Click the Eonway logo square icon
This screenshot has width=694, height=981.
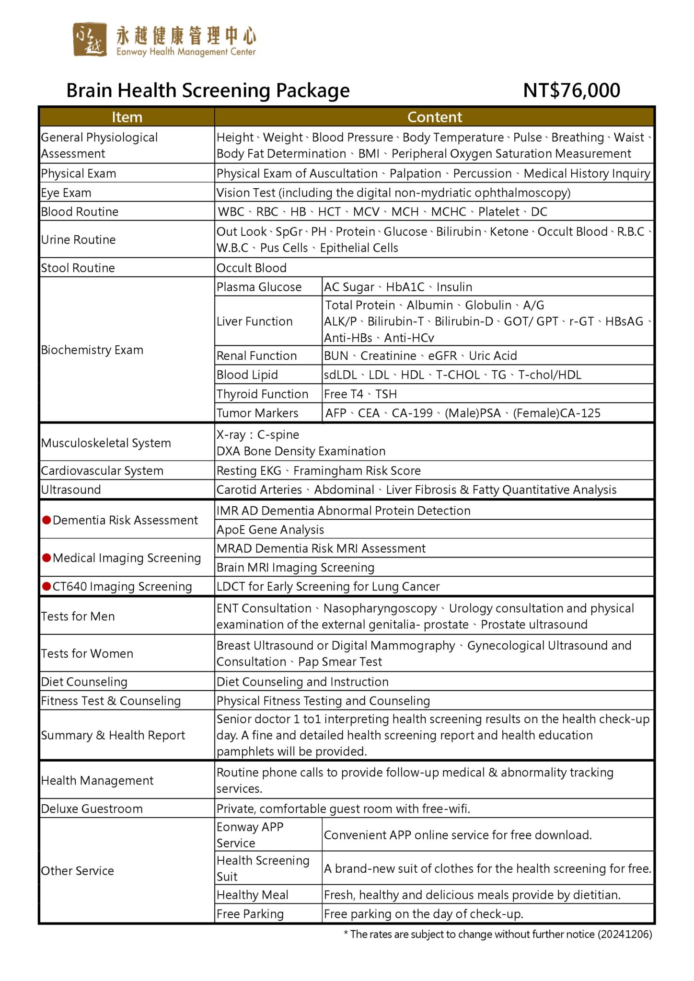tap(90, 39)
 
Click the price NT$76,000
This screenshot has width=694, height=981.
tap(571, 90)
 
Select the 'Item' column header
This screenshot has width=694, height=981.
tap(127, 117)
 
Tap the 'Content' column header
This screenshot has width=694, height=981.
tap(434, 117)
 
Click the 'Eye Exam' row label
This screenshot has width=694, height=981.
tap(66, 193)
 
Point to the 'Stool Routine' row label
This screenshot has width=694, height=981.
tap(78, 268)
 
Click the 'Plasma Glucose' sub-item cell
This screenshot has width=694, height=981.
tap(259, 287)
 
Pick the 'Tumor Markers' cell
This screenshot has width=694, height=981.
tap(257, 413)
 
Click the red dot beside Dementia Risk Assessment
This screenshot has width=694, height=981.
tap(46, 520)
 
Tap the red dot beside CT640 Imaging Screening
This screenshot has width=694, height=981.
tap(46, 586)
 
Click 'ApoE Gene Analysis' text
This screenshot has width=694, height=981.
tap(270, 529)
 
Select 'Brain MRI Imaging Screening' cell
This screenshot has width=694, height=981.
tap(295, 567)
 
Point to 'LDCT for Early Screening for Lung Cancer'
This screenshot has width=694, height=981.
tap(328, 586)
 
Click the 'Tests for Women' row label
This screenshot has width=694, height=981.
tap(87, 653)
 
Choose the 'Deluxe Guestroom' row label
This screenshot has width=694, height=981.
tap(92, 809)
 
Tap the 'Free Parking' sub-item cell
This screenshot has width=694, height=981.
tap(250, 914)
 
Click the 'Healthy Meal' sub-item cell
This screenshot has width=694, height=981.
tap(253, 895)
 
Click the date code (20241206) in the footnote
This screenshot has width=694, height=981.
tap(625, 934)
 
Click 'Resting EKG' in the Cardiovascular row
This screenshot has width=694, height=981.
tap(249, 471)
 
